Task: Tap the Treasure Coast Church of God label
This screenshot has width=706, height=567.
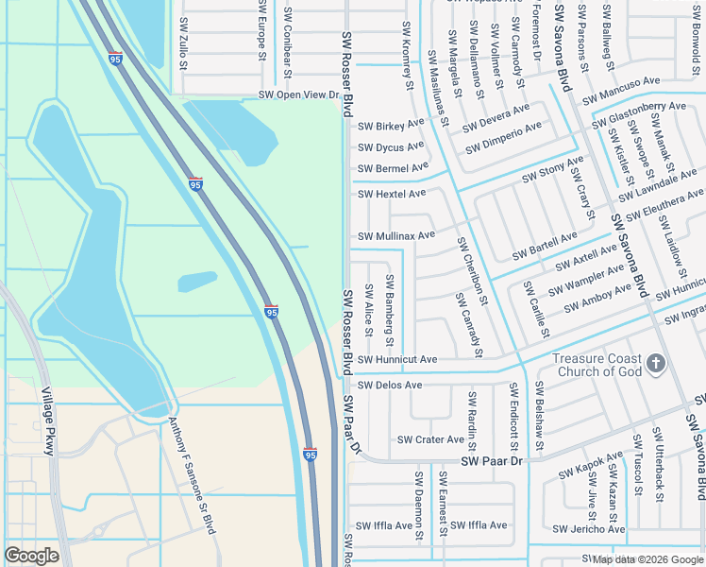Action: tap(597, 365)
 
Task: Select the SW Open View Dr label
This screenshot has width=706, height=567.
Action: tap(298, 95)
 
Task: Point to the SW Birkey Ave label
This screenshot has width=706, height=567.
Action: tap(391, 125)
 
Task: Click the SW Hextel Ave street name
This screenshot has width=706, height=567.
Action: tap(391, 194)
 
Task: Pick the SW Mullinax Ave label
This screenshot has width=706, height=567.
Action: tap(395, 235)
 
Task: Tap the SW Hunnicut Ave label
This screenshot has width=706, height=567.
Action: tap(396, 360)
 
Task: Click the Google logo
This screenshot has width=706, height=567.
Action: tap(31, 556)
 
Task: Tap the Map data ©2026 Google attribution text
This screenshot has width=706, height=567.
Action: tap(647, 559)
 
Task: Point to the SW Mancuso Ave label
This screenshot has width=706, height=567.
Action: tap(621, 91)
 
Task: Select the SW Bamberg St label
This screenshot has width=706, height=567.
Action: tap(390, 311)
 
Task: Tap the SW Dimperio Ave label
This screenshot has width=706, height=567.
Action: tap(503, 137)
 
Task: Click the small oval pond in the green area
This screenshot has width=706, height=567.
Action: tap(196, 282)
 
